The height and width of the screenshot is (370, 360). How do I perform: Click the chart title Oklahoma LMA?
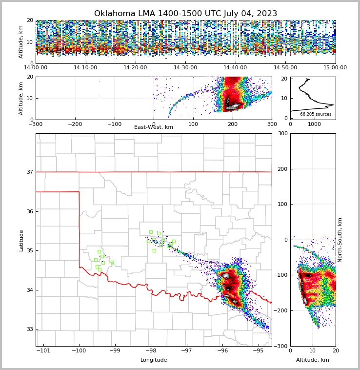[x=185, y=14]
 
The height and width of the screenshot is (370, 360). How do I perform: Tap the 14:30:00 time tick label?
[x=185, y=68]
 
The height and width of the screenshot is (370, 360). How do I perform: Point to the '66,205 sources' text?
[x=316, y=114]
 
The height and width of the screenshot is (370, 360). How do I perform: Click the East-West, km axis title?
[x=154, y=127]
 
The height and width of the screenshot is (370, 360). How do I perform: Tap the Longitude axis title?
[x=154, y=360]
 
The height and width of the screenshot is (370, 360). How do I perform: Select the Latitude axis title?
[x=21, y=240]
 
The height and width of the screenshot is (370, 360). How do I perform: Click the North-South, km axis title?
[x=340, y=240]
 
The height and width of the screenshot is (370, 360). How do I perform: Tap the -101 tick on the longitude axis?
[x=43, y=350]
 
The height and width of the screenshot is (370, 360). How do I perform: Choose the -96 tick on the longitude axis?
[x=222, y=350]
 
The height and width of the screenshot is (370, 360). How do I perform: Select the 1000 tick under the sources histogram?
[x=315, y=124]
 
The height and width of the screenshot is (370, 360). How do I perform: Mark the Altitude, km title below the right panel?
[x=313, y=360]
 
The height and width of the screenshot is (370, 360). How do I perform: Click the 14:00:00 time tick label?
[x=36, y=68]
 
